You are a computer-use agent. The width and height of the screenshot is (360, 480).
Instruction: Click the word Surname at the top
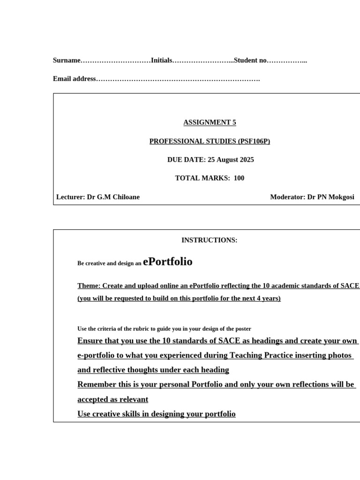click(67, 60)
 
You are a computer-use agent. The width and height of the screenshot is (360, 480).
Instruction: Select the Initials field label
click(162, 60)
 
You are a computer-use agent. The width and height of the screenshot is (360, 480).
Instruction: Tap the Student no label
click(250, 60)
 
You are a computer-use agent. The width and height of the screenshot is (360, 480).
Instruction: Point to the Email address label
click(75, 79)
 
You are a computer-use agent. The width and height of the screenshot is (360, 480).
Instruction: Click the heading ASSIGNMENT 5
click(210, 122)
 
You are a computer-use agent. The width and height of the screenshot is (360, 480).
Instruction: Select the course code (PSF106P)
click(254, 141)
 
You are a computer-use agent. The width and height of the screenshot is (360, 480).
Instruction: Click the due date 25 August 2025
click(231, 160)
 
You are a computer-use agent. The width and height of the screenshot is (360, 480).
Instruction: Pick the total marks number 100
click(239, 178)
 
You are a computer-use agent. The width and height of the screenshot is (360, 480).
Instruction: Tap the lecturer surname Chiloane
click(124, 197)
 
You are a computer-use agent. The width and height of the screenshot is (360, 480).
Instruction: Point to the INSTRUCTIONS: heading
click(210, 240)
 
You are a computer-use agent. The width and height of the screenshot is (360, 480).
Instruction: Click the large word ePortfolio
click(168, 262)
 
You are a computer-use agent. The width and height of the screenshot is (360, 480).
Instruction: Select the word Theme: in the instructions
click(89, 285)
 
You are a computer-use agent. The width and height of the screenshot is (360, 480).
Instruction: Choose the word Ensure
click(89, 341)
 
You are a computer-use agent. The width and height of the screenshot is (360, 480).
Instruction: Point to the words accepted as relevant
click(112, 399)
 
